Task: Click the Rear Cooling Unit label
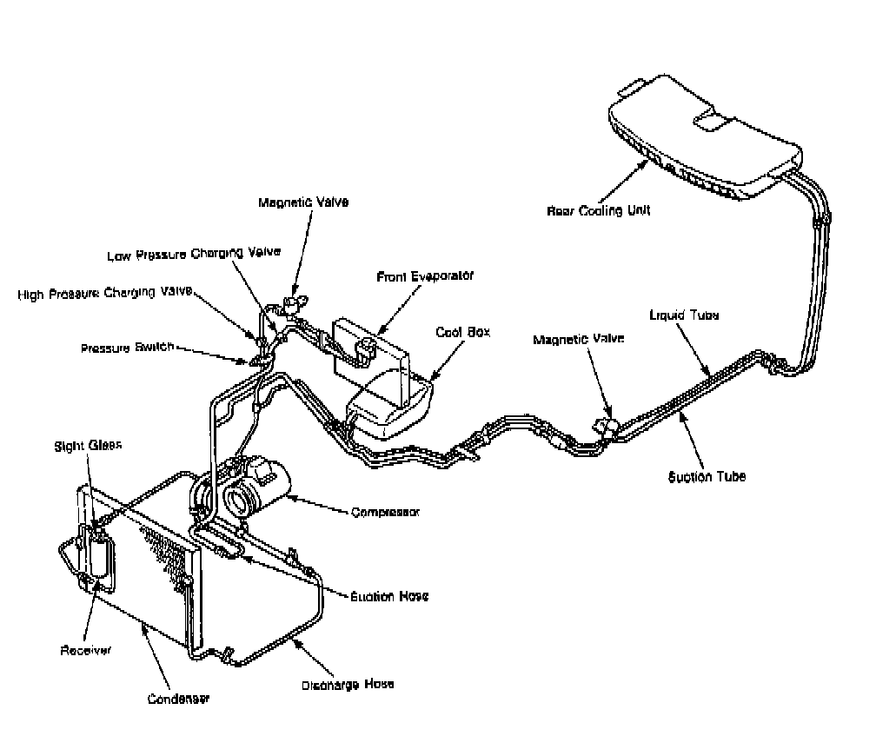click(599, 210)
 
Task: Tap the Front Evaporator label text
click(425, 276)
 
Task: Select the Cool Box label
click(460, 332)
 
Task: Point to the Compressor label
click(385, 512)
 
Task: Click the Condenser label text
click(178, 698)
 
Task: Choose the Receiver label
click(85, 650)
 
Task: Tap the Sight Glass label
click(89, 445)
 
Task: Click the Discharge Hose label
click(348, 684)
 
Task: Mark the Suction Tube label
click(707, 476)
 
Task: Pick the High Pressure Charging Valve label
click(104, 294)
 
